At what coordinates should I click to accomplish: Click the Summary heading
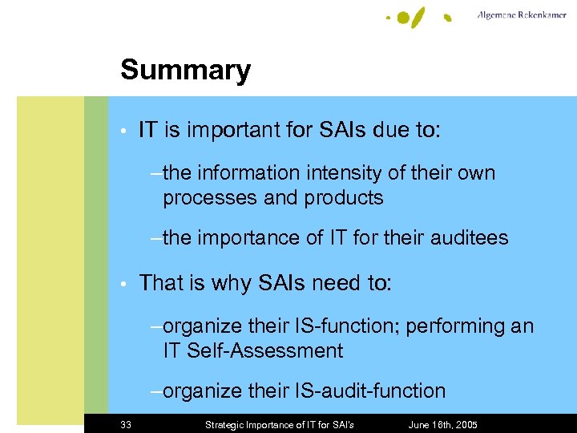coord(185,71)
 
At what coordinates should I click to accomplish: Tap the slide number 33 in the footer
coord(126,424)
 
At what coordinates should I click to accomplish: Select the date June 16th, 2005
coord(442,424)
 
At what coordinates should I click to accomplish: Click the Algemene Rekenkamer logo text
coord(521,15)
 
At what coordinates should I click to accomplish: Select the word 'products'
coord(344,198)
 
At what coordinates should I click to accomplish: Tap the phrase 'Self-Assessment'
coord(264,351)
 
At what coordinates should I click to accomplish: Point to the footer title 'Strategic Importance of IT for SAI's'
coord(280,424)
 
